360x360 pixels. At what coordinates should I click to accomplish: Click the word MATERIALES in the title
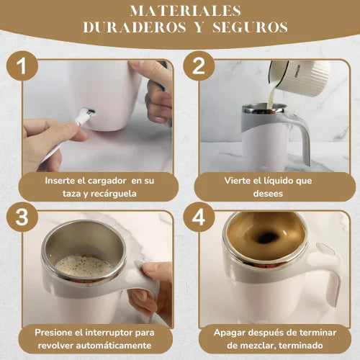pyautogui.click(x=185, y=11)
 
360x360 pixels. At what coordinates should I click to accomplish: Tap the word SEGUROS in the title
pyautogui.click(x=250, y=27)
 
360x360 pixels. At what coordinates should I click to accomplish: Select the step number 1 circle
pyautogui.click(x=22, y=66)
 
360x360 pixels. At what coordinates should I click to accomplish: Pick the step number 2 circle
pyautogui.click(x=199, y=66)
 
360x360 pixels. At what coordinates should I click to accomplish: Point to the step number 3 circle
pyautogui.click(x=22, y=217)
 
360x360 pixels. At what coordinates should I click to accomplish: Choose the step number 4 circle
pyautogui.click(x=199, y=217)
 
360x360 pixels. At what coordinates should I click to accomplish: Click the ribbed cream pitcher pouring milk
pyautogui.click(x=300, y=76)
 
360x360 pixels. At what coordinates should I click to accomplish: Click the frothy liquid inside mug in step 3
pyautogui.click(x=84, y=266)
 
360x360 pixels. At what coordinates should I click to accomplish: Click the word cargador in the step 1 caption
pyautogui.click(x=107, y=181)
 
